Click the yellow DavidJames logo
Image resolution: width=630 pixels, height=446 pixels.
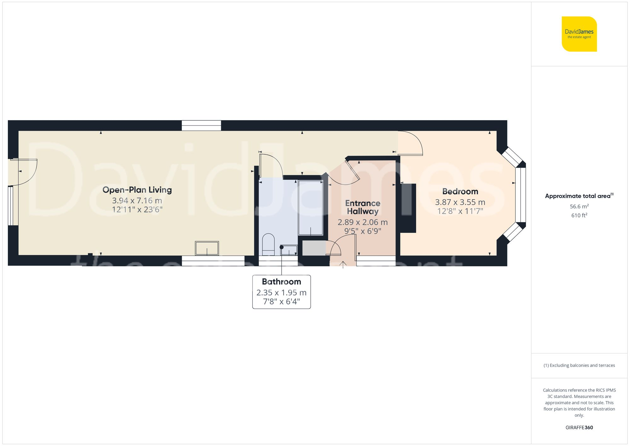click(579, 34)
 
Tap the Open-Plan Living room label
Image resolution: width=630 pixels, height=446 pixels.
click(137, 190)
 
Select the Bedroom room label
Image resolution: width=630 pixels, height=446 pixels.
click(460, 191)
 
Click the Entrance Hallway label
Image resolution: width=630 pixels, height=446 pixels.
click(363, 207)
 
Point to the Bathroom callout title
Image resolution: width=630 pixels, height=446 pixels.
click(281, 281)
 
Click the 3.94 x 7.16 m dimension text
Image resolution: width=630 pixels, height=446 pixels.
click(137, 200)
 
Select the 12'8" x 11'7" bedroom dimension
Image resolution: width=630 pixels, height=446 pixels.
click(460, 211)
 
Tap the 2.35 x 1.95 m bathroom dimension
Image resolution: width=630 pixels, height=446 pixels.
click(281, 293)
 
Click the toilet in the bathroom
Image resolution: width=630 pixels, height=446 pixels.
click(268, 244)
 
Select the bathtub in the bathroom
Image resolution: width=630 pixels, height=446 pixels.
click(310, 207)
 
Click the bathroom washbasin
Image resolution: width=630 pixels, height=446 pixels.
click(289, 250)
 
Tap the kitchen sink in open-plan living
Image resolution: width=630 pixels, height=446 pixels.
click(207, 248)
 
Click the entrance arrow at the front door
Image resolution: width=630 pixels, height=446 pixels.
click(343, 265)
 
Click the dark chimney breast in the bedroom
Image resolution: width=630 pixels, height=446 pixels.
click(408, 208)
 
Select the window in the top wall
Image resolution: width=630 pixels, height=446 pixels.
click(201, 125)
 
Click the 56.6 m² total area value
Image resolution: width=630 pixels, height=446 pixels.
click(579, 206)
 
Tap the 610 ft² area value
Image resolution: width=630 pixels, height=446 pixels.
click(579, 215)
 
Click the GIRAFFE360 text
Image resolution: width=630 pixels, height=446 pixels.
click(579, 427)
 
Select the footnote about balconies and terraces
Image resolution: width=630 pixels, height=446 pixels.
click(579, 365)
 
